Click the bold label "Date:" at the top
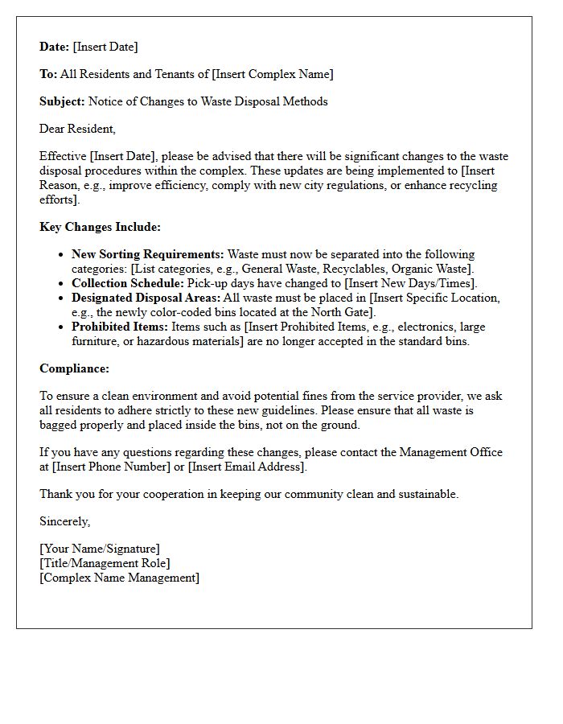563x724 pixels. click(x=55, y=47)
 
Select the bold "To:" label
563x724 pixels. click(x=48, y=74)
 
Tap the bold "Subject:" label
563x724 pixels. click(x=62, y=101)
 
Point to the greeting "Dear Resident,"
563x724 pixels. click(x=77, y=129)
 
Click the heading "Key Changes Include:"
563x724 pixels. click(x=100, y=227)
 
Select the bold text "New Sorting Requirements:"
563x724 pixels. click(x=148, y=254)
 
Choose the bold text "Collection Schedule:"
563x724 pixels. click(x=128, y=283)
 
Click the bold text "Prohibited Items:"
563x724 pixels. click(x=120, y=327)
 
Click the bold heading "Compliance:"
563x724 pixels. click(x=75, y=368)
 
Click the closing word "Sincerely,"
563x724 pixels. click(x=65, y=521)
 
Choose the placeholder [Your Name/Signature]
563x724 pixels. click(x=100, y=549)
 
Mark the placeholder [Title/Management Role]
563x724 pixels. click(x=105, y=563)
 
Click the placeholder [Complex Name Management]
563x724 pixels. click(x=119, y=578)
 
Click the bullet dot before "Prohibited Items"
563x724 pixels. click(x=62, y=327)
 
